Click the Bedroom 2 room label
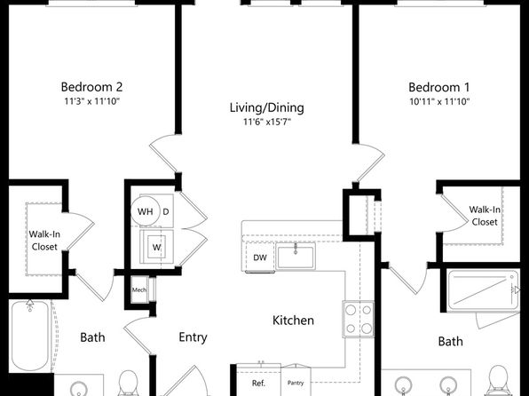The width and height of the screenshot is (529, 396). (91, 87)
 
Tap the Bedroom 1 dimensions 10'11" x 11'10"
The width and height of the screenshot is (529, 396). (439, 101)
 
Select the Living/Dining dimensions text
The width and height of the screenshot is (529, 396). (267, 122)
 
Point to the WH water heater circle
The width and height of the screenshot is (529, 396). (145, 211)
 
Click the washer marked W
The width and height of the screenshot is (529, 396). (156, 247)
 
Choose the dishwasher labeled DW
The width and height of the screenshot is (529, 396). (260, 257)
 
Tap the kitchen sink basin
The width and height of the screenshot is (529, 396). (296, 257)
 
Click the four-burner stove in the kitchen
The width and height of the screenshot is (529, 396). (359, 319)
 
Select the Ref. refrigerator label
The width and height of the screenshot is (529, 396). (259, 384)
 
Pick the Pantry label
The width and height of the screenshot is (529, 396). (296, 383)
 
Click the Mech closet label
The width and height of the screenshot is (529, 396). (139, 289)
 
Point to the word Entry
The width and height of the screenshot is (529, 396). (193, 337)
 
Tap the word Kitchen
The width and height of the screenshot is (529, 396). (293, 320)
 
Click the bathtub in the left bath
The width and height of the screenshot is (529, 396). (30, 336)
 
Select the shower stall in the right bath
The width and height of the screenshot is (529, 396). (483, 291)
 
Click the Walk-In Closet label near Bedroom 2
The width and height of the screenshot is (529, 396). (44, 241)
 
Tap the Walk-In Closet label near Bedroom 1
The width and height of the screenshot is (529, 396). (485, 216)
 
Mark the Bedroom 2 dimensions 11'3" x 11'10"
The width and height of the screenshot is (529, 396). (92, 101)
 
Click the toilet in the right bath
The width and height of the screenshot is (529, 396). (498, 381)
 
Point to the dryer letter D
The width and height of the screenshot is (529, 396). (166, 211)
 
